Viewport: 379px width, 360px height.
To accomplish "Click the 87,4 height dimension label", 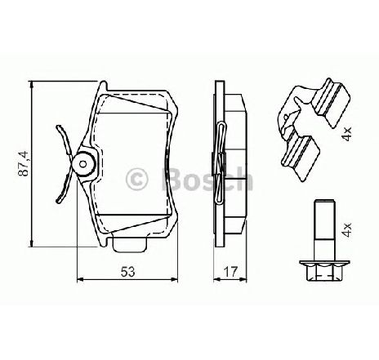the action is tap(24, 163).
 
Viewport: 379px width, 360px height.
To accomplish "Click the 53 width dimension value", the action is tap(127, 272).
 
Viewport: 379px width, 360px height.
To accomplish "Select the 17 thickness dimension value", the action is tap(230, 272).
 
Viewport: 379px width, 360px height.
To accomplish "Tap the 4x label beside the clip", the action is tap(347, 134).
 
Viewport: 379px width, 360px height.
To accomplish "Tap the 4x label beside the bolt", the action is tap(347, 230).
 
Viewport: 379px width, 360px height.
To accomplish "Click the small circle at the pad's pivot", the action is tap(83, 164).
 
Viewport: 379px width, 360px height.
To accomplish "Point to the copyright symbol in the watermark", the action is tap(136, 179).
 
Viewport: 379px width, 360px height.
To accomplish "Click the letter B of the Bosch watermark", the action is tap(172, 179).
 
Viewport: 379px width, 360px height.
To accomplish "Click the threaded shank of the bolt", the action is tap(324, 230).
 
